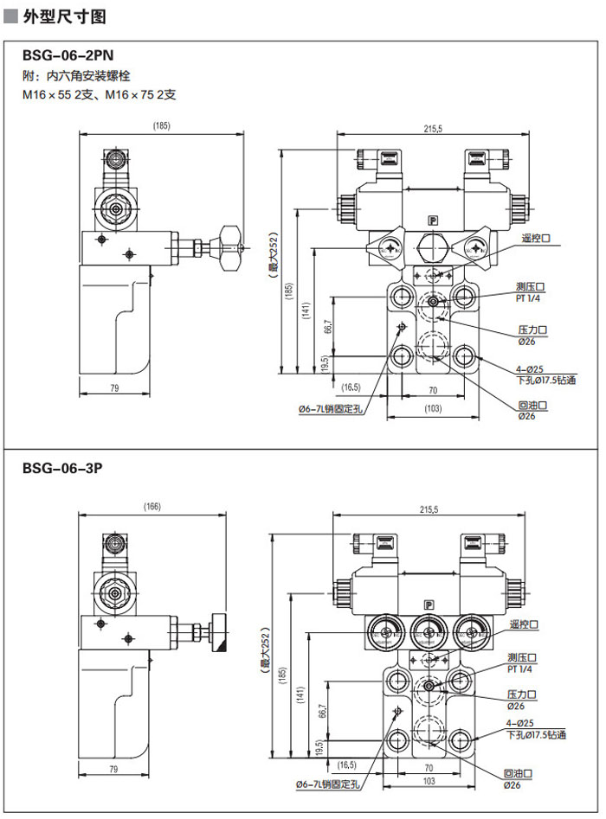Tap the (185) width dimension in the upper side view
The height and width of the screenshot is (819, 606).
point(161,125)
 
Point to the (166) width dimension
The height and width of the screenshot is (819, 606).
point(152,507)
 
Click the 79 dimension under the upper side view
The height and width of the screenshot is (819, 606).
point(113,388)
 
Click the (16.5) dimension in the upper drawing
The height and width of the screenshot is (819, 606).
point(351,387)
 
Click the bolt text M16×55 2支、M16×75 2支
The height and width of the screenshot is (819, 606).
point(100,95)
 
